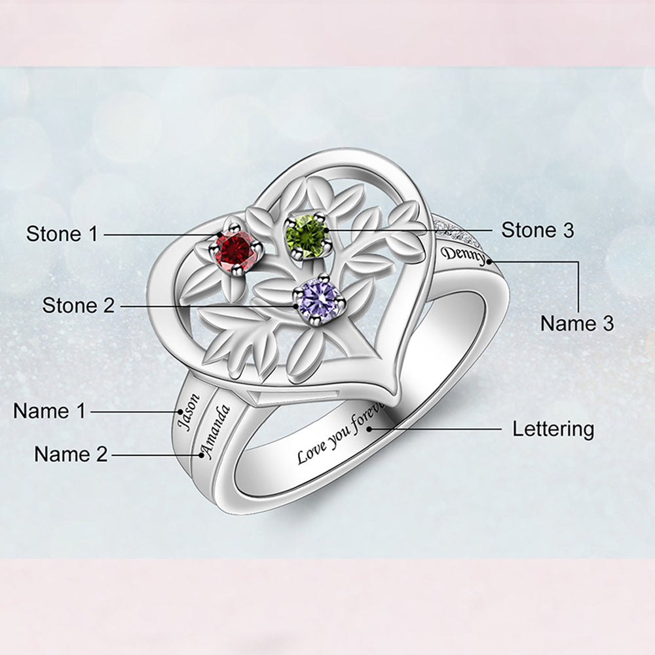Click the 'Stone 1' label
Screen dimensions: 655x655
click(x=62, y=233)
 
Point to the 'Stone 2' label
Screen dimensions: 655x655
click(x=78, y=305)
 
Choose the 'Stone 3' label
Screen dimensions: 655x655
click(x=537, y=230)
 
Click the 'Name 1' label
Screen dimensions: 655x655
click(x=50, y=411)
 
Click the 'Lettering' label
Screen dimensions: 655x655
click(x=553, y=430)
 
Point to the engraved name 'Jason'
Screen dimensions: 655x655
click(x=187, y=411)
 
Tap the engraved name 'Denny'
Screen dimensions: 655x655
click(x=465, y=256)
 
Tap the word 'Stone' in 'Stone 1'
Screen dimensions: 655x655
click(x=51, y=233)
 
